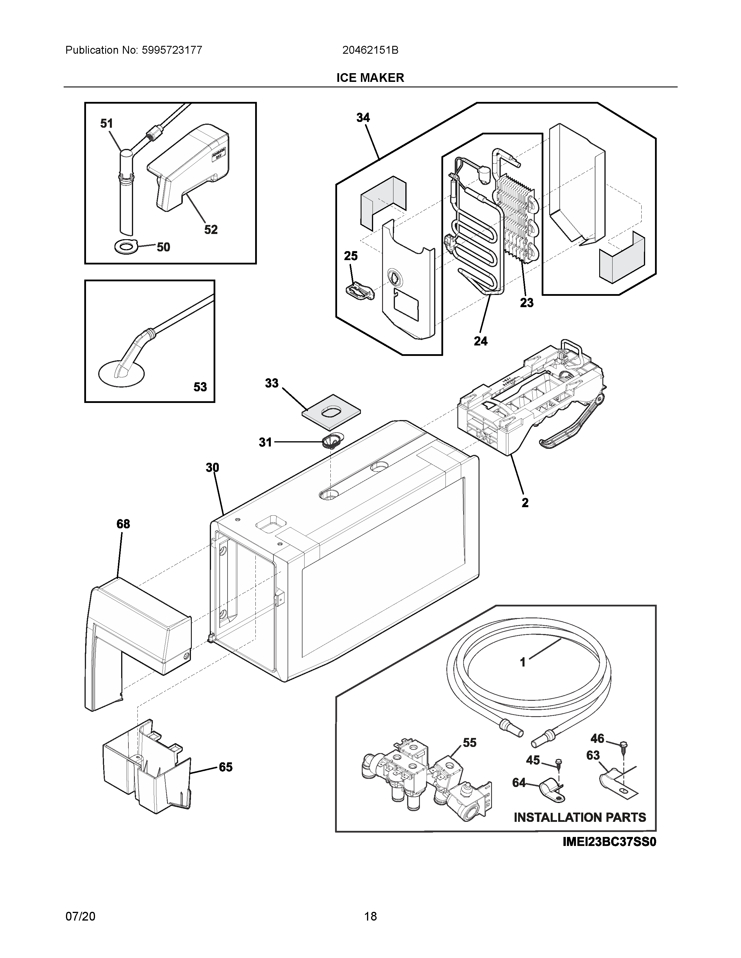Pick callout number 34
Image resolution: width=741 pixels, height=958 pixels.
click(363, 118)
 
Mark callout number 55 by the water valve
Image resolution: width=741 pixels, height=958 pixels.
click(469, 743)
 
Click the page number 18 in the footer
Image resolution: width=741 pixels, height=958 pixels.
click(370, 916)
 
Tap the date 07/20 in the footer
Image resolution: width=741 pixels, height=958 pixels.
click(80, 916)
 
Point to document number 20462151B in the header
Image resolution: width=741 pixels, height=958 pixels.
click(370, 51)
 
